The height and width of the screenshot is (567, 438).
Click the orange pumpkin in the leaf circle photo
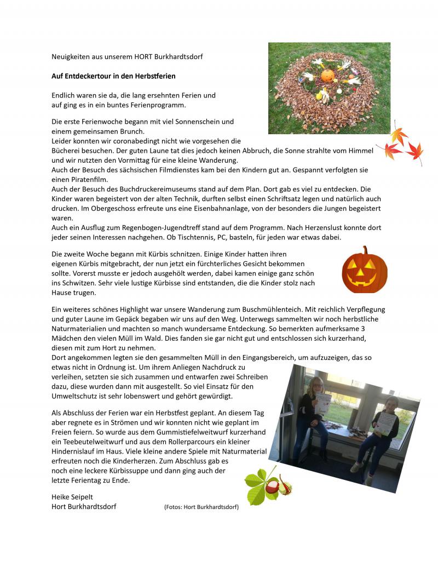pyautogui.click(x=327, y=75)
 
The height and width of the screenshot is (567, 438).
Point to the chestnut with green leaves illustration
pyautogui.click(x=268, y=485)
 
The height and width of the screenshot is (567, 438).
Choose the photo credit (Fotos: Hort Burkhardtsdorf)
pyautogui.click(x=201, y=507)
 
